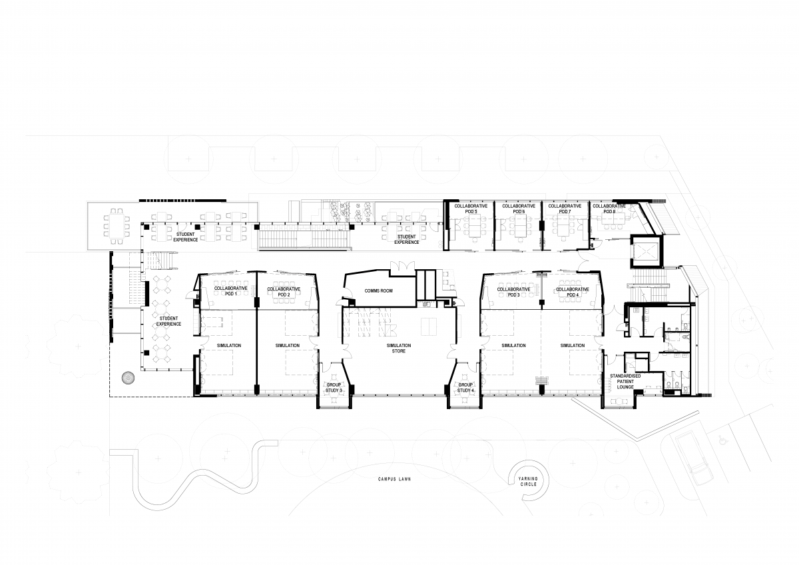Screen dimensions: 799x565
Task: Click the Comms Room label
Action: pyautogui.click(x=378, y=291)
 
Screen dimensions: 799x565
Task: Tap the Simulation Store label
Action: pyautogui.click(x=399, y=348)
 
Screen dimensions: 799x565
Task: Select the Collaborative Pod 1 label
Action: pyautogui.click(x=231, y=291)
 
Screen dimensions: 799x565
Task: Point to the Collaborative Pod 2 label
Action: pyautogui.click(x=284, y=292)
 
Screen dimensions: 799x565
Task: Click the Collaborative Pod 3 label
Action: pyautogui.click(x=513, y=292)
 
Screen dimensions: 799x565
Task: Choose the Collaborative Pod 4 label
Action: pyautogui.click(x=573, y=292)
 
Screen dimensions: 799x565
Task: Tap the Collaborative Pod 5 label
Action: pyautogui.click(x=471, y=209)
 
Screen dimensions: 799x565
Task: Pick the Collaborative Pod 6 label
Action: pyautogui.click(x=519, y=209)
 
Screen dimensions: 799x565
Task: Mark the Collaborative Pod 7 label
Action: pyautogui.click(x=565, y=209)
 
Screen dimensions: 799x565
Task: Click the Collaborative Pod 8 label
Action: pyautogui.click(x=609, y=209)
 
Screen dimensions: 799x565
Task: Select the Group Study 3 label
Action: pyautogui.click(x=334, y=388)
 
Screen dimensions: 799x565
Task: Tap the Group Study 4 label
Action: pyautogui.click(x=465, y=388)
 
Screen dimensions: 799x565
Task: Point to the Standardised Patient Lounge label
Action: pyautogui.click(x=625, y=382)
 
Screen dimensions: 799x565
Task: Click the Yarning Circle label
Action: pyautogui.click(x=528, y=482)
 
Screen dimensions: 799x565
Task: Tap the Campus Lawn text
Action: pyautogui.click(x=394, y=479)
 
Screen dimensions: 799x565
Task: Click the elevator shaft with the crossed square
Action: pyautogui.click(x=646, y=252)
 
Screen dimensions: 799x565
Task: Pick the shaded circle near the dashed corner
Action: pyautogui.click(x=128, y=378)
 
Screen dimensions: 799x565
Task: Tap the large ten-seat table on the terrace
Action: pyautogui.click(x=117, y=226)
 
